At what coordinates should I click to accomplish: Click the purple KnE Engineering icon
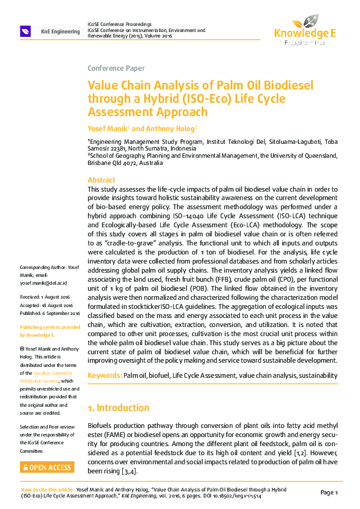tap(25, 31)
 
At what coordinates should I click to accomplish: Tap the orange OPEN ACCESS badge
tap(47, 467)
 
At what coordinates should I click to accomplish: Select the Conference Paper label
tap(116, 68)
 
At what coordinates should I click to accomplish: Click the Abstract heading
tap(101, 180)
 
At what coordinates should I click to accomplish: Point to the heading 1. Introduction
tap(123, 407)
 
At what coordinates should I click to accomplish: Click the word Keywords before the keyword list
tap(105, 376)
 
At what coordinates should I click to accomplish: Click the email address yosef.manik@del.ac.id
tap(44, 282)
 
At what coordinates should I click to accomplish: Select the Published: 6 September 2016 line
tap(50, 313)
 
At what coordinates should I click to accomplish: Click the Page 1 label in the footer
tap(329, 492)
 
